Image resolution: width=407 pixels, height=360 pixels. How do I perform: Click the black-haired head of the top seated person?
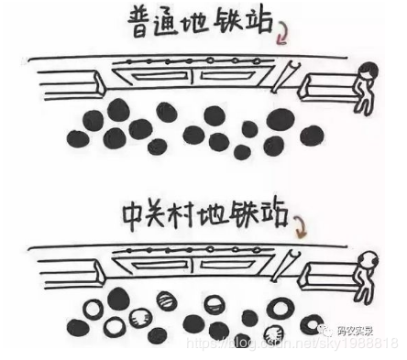[369, 71]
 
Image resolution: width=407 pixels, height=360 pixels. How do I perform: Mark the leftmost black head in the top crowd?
[79, 137]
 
